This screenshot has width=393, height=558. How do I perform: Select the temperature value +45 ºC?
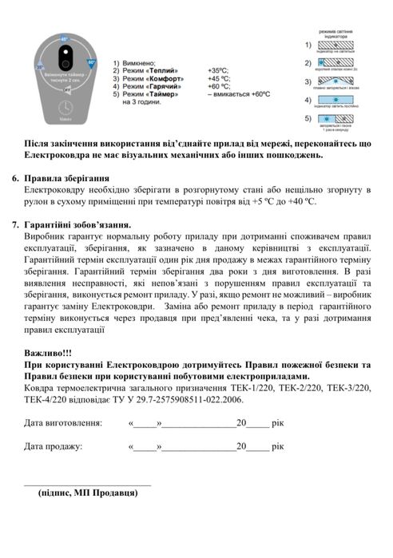click(220, 79)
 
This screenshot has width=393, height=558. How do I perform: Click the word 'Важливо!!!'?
click(50, 351)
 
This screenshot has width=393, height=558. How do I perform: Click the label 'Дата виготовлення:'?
click(62, 423)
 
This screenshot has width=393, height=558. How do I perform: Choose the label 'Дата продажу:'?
click(53, 446)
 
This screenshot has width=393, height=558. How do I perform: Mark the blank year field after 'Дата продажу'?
click(257, 447)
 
